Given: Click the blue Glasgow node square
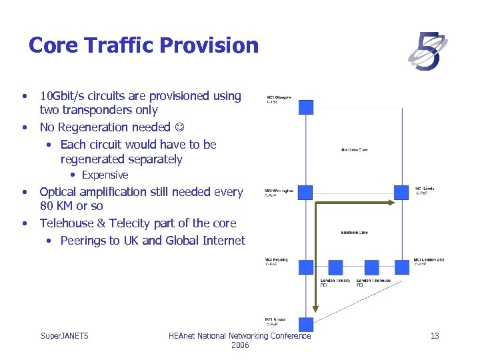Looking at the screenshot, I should pyautogui.click(x=305, y=107).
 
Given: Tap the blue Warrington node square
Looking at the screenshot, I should pyautogui.click(x=305, y=193).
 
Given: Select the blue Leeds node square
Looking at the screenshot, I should pyautogui.click(x=401, y=193).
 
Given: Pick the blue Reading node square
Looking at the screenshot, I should pyautogui.click(x=305, y=267).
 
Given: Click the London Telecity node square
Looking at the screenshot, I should pyautogui.click(x=335, y=267).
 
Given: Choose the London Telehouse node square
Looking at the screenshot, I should pyautogui.click(x=371, y=267).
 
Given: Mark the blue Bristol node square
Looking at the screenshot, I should pyautogui.click(x=305, y=325).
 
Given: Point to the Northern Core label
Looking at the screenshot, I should pyautogui.click(x=354, y=150).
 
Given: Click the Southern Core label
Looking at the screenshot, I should pyautogui.click(x=354, y=233).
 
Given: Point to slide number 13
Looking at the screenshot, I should pyautogui.click(x=435, y=336).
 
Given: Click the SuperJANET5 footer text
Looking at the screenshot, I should pyautogui.click(x=65, y=336).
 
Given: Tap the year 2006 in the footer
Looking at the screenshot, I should pyautogui.click(x=239, y=345).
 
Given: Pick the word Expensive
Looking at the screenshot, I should pyautogui.click(x=105, y=175).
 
